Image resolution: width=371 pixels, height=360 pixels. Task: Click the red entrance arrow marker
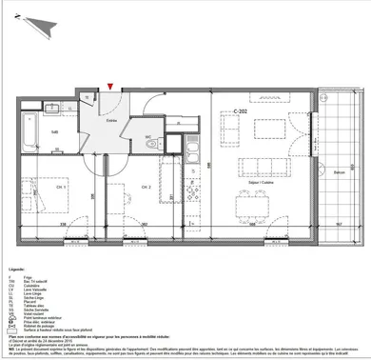tap(113, 89)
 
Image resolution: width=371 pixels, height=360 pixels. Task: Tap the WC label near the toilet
tap(148, 136)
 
